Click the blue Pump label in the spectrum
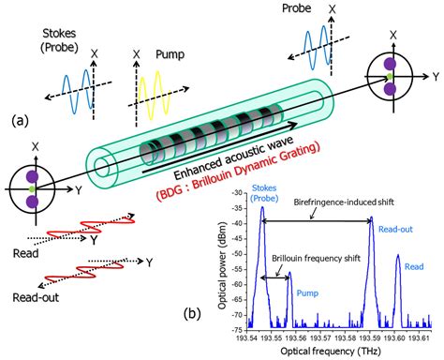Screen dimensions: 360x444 306,292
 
